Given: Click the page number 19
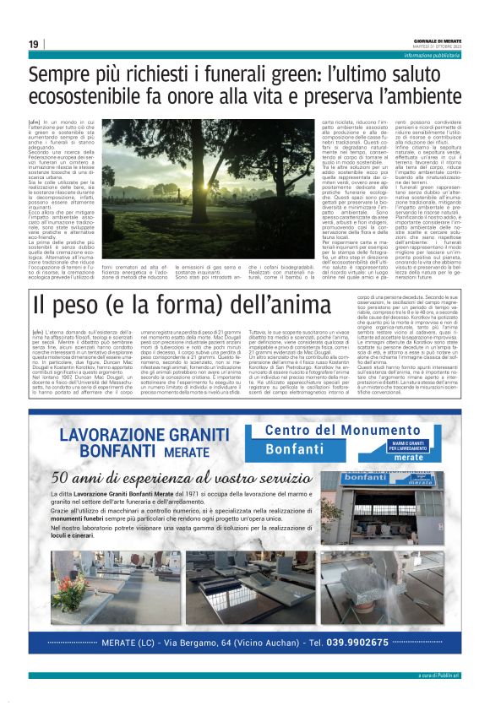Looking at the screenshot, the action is coord(33,43).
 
